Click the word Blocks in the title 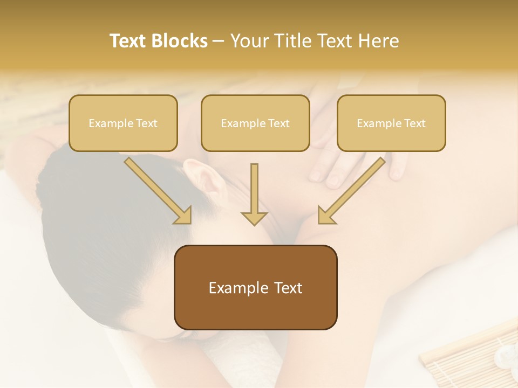tap(180, 41)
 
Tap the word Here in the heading tap(377, 41)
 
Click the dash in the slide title tap(219, 41)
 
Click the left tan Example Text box tap(123, 123)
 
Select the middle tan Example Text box tap(255, 123)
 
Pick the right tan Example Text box tap(391, 123)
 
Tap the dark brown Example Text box tap(256, 287)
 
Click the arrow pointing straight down tap(254, 194)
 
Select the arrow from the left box tap(156, 189)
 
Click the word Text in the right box tap(414, 123)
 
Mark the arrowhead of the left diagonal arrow tap(182, 215)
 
